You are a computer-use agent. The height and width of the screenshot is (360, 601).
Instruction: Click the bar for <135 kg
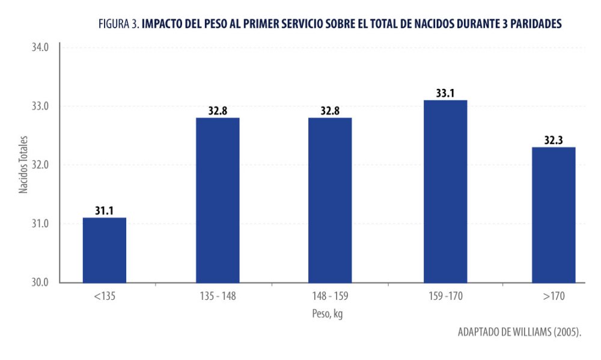(104, 250)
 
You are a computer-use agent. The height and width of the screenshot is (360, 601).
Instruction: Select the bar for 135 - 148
(218, 200)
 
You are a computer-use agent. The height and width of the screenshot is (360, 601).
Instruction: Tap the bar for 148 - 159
(330, 200)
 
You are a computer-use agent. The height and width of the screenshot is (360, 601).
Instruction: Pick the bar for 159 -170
(445, 191)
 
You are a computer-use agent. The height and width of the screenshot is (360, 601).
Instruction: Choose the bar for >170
(554, 215)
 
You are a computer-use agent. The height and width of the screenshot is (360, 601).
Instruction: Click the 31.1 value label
(104, 210)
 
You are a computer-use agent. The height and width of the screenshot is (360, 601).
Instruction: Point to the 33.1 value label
(445, 93)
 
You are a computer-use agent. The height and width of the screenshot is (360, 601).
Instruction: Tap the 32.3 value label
(554, 140)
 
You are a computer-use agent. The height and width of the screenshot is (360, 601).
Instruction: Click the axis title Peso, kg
(328, 314)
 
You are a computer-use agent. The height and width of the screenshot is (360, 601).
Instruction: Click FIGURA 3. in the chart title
(118, 24)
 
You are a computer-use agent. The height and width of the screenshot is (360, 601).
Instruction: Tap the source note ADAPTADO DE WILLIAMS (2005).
(519, 332)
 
